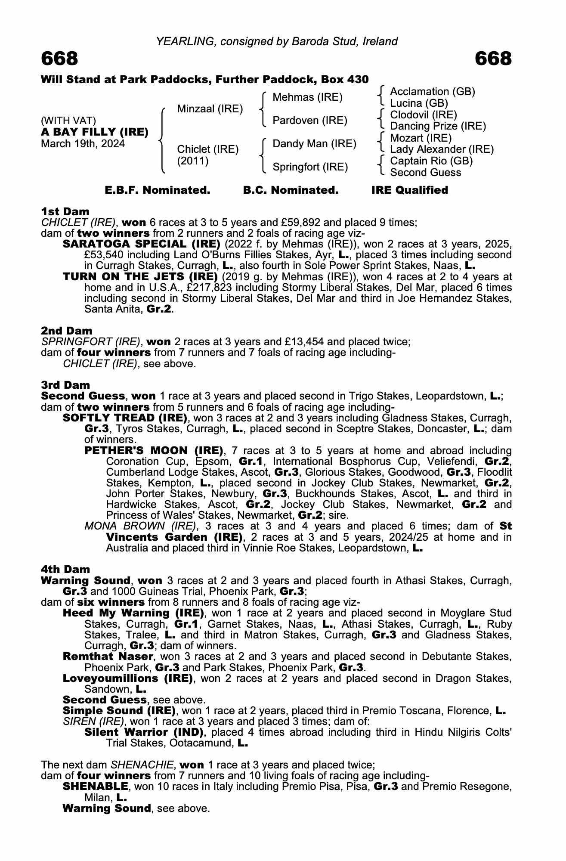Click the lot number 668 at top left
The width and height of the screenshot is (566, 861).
point(59,59)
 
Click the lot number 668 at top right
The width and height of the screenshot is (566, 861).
point(493,59)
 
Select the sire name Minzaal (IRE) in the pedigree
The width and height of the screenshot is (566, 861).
point(210,109)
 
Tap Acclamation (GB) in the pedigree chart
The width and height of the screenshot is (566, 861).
point(432,92)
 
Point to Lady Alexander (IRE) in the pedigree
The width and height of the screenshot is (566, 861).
point(442,149)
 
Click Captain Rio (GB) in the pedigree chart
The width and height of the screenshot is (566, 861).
point(431,161)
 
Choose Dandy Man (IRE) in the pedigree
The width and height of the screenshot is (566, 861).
point(314,144)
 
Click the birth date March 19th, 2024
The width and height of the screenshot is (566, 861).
point(83,144)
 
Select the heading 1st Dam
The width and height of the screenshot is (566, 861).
point(65,211)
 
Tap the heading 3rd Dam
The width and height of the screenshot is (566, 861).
point(65,385)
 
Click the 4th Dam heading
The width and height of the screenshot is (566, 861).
point(65,570)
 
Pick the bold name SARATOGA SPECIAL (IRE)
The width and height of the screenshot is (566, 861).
point(142,244)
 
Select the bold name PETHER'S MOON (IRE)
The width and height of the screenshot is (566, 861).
point(154,451)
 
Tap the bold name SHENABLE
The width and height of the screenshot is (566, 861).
point(95,787)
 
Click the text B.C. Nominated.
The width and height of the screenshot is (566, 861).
point(291,190)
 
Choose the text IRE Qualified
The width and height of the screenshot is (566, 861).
point(409,190)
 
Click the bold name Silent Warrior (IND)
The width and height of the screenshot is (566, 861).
point(144,732)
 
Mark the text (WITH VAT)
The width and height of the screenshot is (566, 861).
point(68,121)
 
